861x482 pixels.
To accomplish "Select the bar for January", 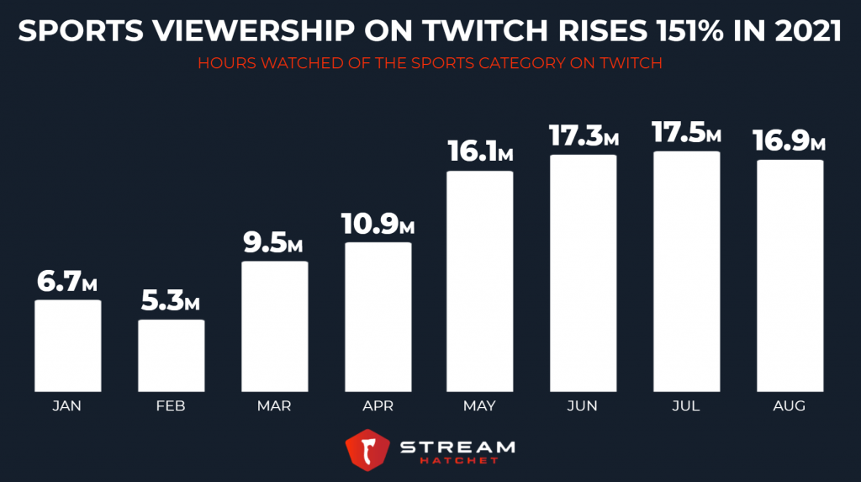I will tap(67, 344).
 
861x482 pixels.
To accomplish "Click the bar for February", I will tap(171, 354).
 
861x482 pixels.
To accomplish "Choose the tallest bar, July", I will tap(686, 270).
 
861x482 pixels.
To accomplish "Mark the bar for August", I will tap(790, 274).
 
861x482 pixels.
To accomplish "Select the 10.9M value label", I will tap(378, 225).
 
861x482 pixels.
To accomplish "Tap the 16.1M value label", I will tap(480, 153).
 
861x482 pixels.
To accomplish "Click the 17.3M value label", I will tap(584, 136).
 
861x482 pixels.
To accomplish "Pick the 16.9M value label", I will tap(790, 141).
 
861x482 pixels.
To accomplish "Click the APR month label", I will tap(378, 406).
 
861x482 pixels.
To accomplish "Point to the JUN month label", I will tap(583, 406).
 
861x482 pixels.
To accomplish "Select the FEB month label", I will tap(171, 406).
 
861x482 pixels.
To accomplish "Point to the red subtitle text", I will tap(430, 64).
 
